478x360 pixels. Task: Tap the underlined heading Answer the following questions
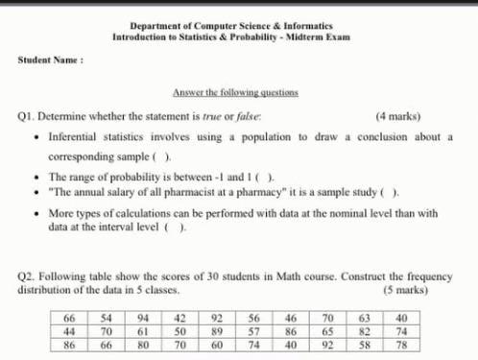pos(235,92)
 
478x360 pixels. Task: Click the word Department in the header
pos(157,26)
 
